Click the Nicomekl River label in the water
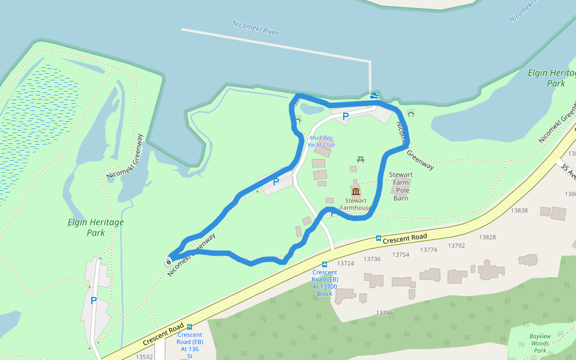click(x=256, y=28)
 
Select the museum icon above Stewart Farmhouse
click(x=356, y=191)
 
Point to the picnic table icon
click(x=361, y=160)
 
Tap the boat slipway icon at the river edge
click(x=375, y=96)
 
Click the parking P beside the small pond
click(x=345, y=116)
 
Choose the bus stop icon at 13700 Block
click(x=325, y=264)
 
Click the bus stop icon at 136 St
click(x=190, y=327)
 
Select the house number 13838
click(x=519, y=211)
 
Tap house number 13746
click(x=385, y=313)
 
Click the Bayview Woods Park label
click(x=540, y=343)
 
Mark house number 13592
click(x=145, y=356)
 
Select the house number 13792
click(x=457, y=245)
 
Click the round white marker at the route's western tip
click(x=169, y=261)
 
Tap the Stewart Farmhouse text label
click(x=356, y=204)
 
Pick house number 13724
click(x=346, y=263)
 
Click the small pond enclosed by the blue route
click(x=310, y=109)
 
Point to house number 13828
click(x=487, y=237)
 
